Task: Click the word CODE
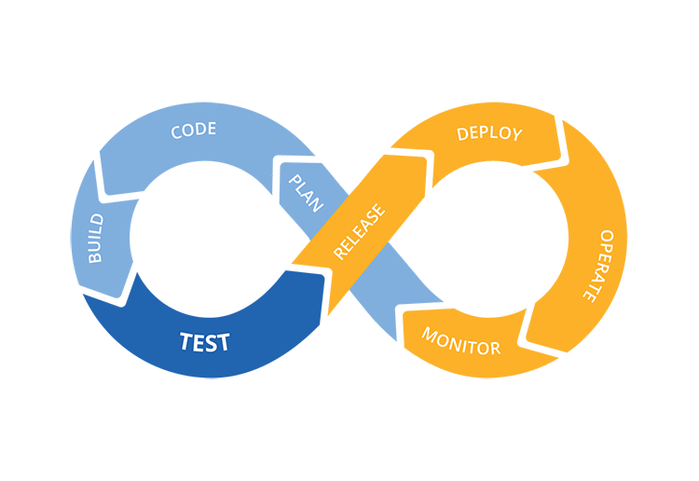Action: point(194,131)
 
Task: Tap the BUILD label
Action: point(96,239)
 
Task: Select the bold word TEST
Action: point(205,342)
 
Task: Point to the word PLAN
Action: point(306,193)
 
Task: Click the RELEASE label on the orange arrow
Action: point(359,231)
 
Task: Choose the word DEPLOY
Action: point(489,133)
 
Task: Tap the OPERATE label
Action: point(598,266)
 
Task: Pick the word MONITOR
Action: point(461,341)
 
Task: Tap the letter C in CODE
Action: point(176,132)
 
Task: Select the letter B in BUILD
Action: point(96,257)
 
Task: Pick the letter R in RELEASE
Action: point(339,253)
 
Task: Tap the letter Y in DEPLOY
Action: point(516,134)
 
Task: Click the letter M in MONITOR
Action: point(430,333)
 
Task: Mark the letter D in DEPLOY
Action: point(462,133)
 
